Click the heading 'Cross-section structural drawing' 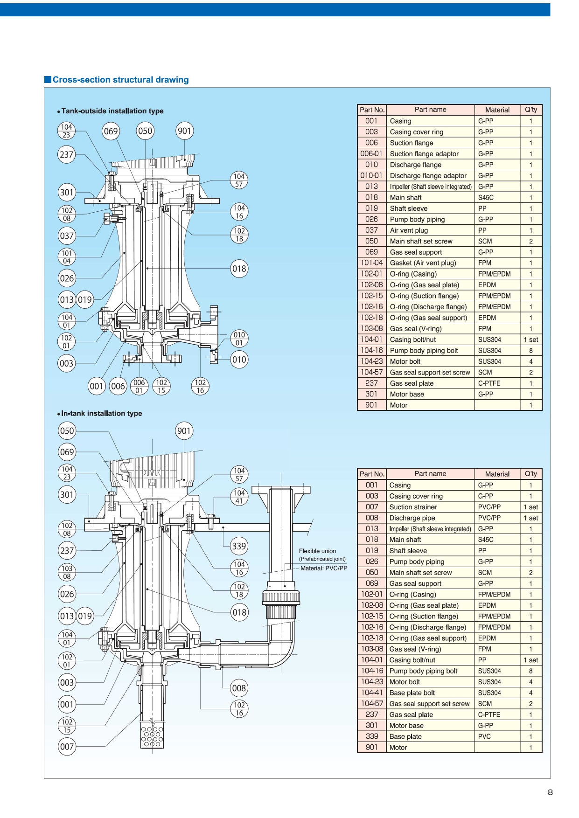[x=120, y=80]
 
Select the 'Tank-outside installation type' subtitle [x=112, y=111]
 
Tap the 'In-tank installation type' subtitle [x=101, y=413]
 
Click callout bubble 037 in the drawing [x=67, y=236]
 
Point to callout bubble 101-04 [x=67, y=257]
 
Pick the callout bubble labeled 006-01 [x=139, y=386]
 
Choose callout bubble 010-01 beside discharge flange [x=239, y=339]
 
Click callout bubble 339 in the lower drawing [x=239, y=546]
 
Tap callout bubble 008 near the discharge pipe [x=239, y=688]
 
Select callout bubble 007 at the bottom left [x=67, y=746]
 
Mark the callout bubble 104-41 [x=239, y=497]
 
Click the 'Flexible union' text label [x=317, y=551]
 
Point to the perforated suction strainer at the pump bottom [x=152, y=736]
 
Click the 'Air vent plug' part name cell [x=409, y=230]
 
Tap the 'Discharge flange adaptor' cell [x=428, y=176]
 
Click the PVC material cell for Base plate [x=484, y=736]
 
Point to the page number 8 [x=550, y=792]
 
